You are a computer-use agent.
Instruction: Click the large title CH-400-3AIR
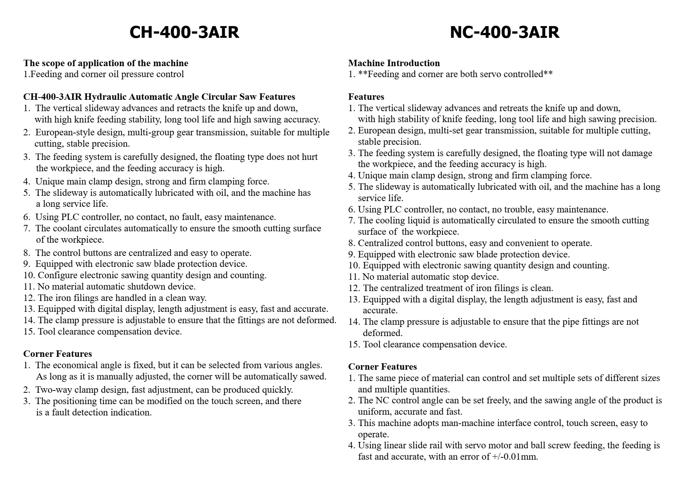tap(184, 32)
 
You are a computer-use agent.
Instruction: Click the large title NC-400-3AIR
tap(504, 32)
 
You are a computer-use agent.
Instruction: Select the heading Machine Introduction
tap(394, 63)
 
